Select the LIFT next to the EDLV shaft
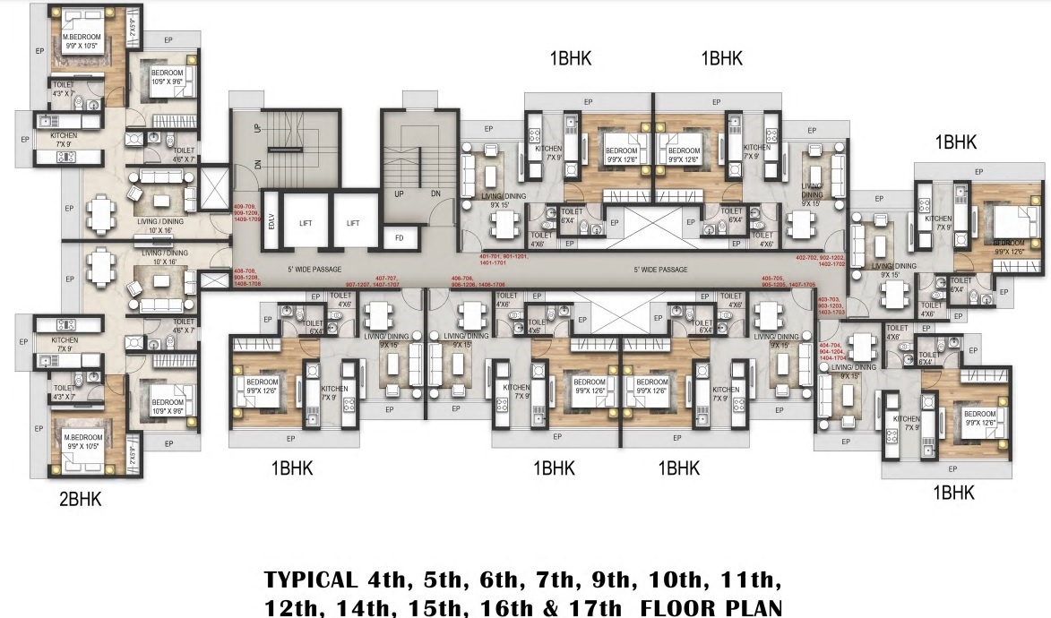pyautogui.click(x=306, y=223)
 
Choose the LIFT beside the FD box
pyautogui.click(x=353, y=223)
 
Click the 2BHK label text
pyautogui.click(x=81, y=500)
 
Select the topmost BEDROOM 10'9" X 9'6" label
pyautogui.click(x=168, y=76)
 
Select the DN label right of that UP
pyautogui.click(x=435, y=193)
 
